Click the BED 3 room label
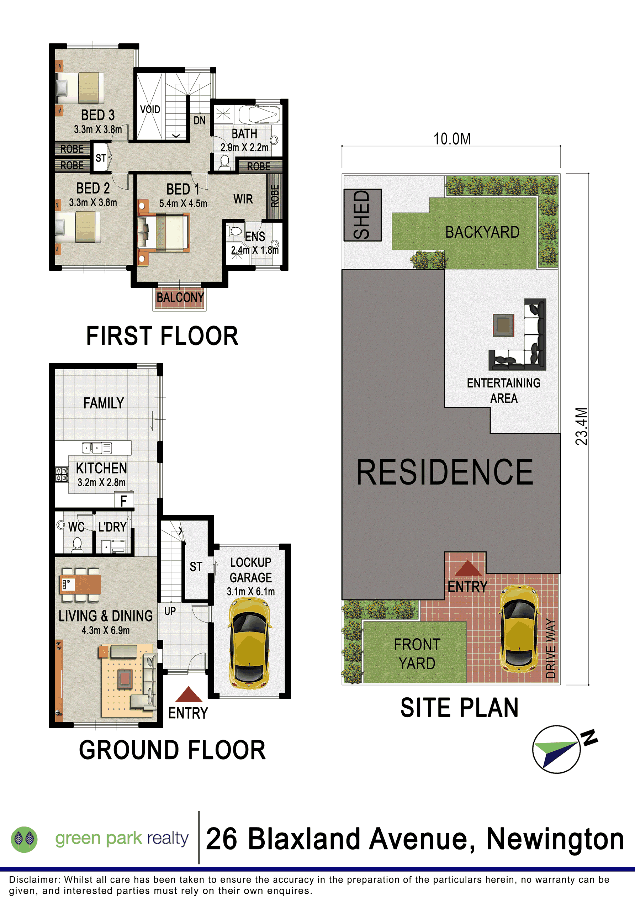[98, 115]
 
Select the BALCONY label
[180, 297]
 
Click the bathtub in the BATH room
[259, 115]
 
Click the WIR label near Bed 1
[243, 199]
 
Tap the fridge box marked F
[124, 501]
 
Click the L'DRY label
[112, 527]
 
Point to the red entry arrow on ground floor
[189, 694]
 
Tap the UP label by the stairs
[170, 611]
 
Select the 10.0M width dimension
[452, 139]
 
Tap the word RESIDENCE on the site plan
[445, 472]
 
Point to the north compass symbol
[564, 749]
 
